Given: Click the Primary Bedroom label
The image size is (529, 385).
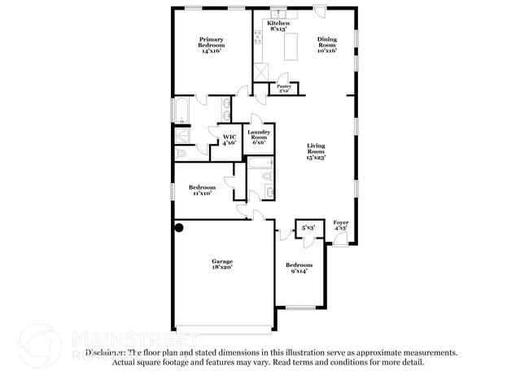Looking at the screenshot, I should (x=212, y=45).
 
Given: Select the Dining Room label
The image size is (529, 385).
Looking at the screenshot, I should (x=326, y=44).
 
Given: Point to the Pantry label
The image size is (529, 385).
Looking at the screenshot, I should (x=284, y=88).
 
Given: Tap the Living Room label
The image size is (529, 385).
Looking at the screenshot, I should (x=316, y=151).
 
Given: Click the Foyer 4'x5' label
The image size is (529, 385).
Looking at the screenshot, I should (x=341, y=225).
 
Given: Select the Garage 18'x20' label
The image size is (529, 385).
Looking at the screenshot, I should (x=222, y=265).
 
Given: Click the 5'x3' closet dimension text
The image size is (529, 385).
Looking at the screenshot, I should (x=308, y=229).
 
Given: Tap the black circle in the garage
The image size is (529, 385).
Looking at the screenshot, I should (x=179, y=229).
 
